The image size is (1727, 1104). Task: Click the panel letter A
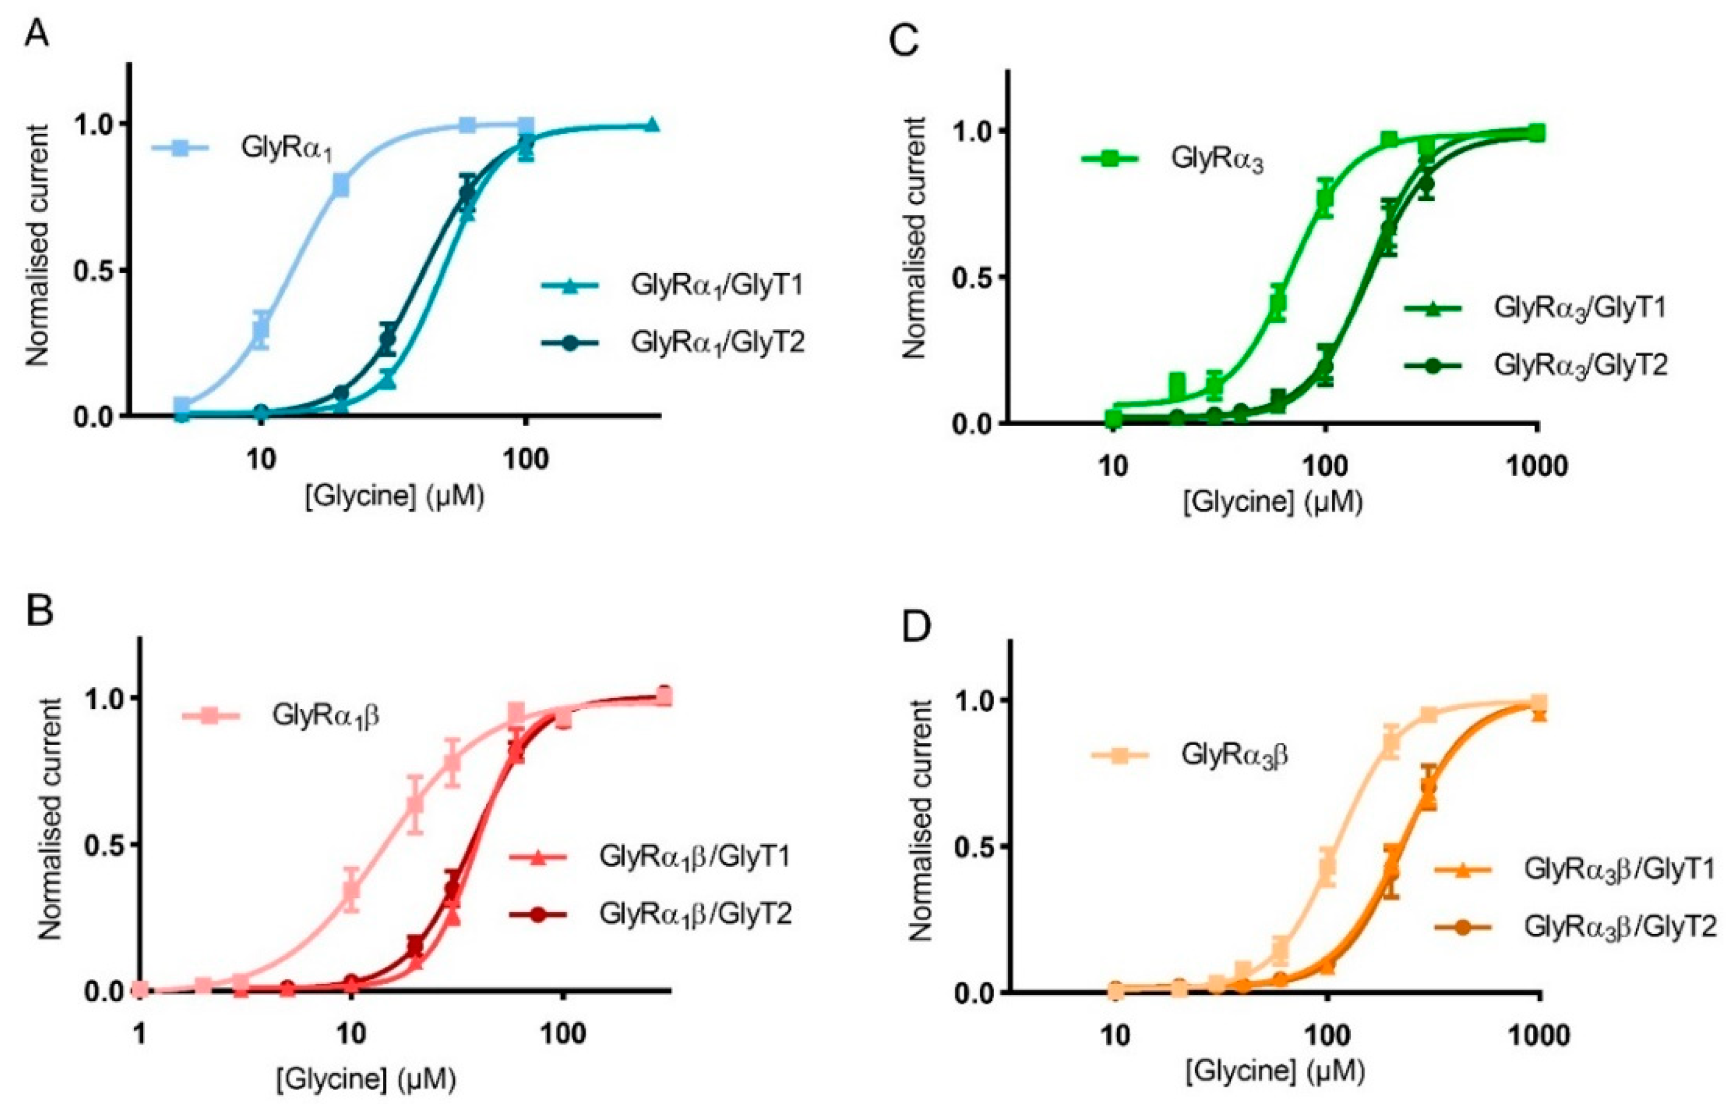37,32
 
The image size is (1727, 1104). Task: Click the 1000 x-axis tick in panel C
1537,468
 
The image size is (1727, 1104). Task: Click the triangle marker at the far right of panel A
651,125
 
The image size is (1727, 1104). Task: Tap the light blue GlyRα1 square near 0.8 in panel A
341,186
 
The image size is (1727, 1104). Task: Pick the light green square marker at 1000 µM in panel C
1536,132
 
